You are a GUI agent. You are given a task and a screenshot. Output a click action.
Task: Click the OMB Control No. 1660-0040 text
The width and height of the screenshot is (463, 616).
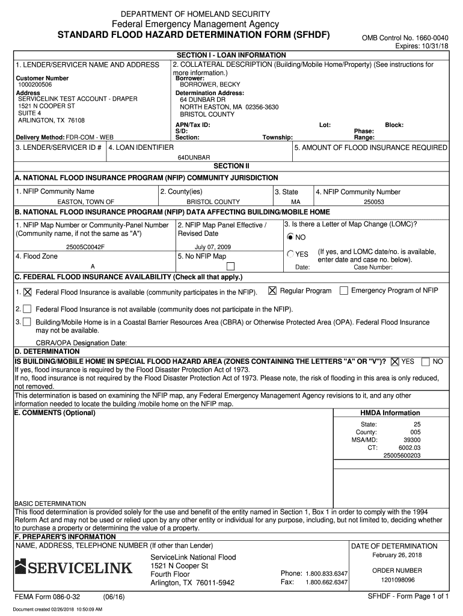pyautogui.click(x=405, y=37)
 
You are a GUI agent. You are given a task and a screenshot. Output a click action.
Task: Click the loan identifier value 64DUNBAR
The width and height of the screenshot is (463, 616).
pyautogui.click(x=194, y=157)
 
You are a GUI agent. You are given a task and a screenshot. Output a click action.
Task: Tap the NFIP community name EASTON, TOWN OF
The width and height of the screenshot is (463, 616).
pyautogui.click(x=85, y=202)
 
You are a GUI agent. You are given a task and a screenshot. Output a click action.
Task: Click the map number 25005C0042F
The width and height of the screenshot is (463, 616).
pyautogui.click(x=85, y=247)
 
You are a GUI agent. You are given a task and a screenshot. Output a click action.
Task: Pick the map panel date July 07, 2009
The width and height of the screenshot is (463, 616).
pyautogui.click(x=212, y=247)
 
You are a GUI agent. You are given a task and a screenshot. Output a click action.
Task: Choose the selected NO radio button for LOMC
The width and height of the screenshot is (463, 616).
pyautogui.click(x=290, y=237)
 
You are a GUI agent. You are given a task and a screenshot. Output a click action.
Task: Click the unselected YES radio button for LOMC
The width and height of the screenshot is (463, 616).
pyautogui.click(x=290, y=254)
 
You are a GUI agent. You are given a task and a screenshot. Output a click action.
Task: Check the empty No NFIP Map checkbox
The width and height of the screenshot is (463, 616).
pyautogui.click(x=230, y=266)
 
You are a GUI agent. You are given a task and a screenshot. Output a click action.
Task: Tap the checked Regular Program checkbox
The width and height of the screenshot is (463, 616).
pyautogui.click(x=272, y=291)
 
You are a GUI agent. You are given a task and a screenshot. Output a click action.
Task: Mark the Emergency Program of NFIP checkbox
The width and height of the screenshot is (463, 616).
pyautogui.click(x=343, y=291)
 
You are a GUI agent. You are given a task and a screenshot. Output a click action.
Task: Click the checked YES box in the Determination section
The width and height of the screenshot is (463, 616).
pyautogui.click(x=394, y=362)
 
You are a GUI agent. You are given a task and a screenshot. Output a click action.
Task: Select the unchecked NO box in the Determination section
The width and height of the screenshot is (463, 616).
pyautogui.click(x=426, y=362)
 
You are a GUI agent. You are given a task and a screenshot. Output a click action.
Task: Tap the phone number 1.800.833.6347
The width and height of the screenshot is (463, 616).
pyautogui.click(x=327, y=573)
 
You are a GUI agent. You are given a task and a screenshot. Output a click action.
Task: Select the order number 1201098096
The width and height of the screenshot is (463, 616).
pyautogui.click(x=397, y=581)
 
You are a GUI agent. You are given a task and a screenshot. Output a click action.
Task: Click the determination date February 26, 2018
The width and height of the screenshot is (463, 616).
pyautogui.click(x=397, y=555)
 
